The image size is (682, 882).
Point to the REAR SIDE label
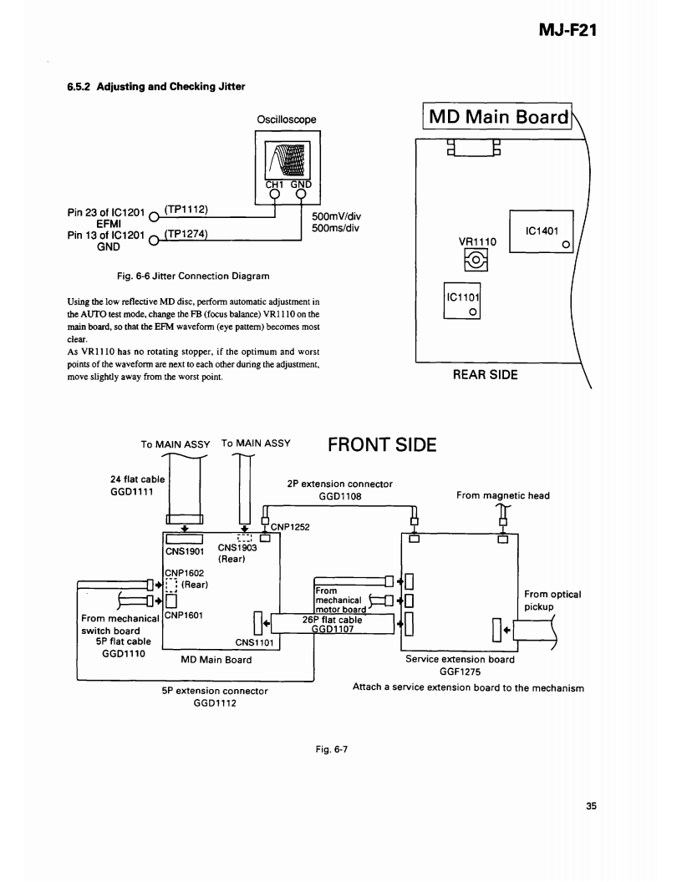click(x=485, y=374)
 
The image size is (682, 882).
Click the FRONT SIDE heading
click(x=382, y=444)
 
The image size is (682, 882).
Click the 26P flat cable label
click(x=332, y=620)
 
